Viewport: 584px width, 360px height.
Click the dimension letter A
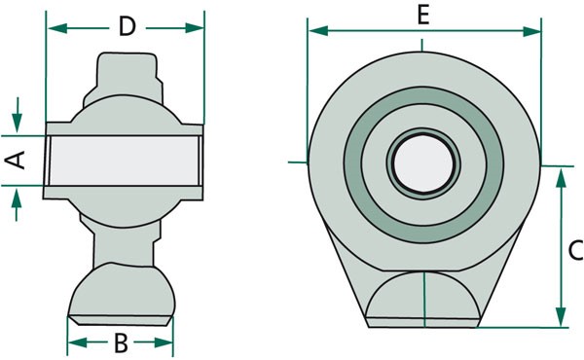pos(15,161)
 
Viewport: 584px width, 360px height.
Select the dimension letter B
pos(121,342)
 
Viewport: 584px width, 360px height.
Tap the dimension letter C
pos(576,250)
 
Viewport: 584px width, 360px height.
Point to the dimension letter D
pos(127,26)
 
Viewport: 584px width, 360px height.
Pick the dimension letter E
pos(423,16)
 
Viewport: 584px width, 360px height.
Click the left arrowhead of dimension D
pos(57,28)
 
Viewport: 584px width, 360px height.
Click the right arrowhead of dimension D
pos(195,28)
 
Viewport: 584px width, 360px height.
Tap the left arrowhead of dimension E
pos(319,31)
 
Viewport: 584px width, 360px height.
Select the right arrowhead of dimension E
pos(531,32)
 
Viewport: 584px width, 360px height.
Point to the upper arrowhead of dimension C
pos(561,178)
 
